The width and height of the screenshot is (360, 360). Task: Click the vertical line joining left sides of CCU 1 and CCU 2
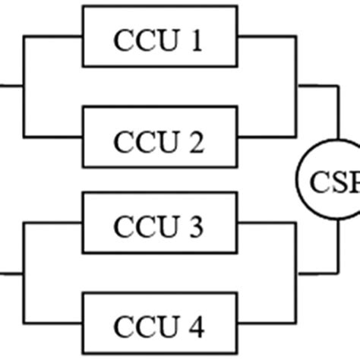pyautogui.click(x=25, y=85)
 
